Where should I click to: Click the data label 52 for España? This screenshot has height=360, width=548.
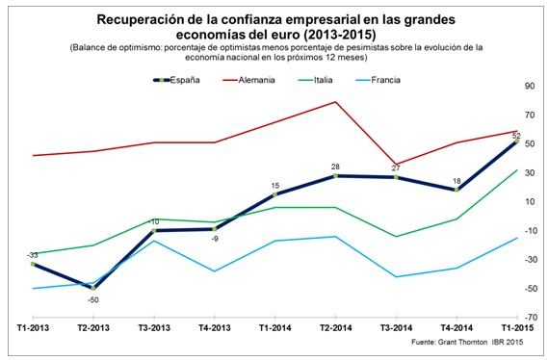(x=516, y=135)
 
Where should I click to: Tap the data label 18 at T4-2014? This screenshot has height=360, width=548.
(x=457, y=180)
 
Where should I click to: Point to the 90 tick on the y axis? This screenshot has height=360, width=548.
(x=529, y=87)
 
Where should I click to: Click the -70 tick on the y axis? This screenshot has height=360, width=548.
(x=529, y=317)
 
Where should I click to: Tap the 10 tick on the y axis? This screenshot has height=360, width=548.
(x=529, y=202)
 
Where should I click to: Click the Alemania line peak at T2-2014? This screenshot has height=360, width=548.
(x=335, y=102)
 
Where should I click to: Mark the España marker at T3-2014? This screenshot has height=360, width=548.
(x=396, y=177)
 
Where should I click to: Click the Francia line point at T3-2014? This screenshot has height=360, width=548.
(x=396, y=277)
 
